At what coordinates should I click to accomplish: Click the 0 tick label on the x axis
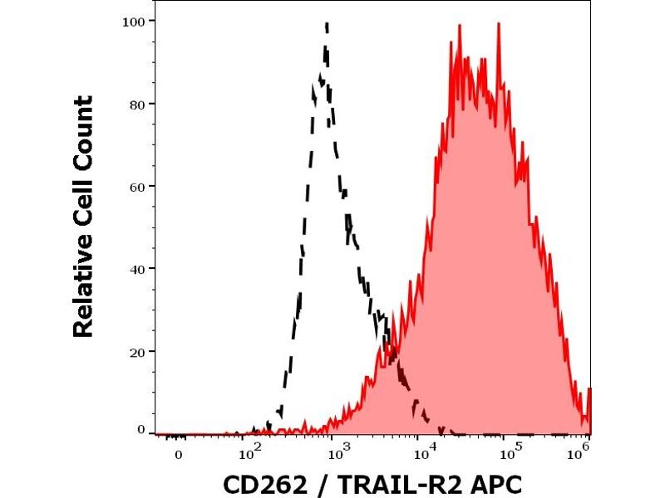[178, 456]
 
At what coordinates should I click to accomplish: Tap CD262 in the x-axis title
[258, 484]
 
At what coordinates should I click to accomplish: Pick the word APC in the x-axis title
[496, 484]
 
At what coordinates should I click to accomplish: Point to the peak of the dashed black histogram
[327, 24]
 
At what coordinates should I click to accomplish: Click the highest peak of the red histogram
[498, 24]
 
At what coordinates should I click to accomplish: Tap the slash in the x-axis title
[308, 484]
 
